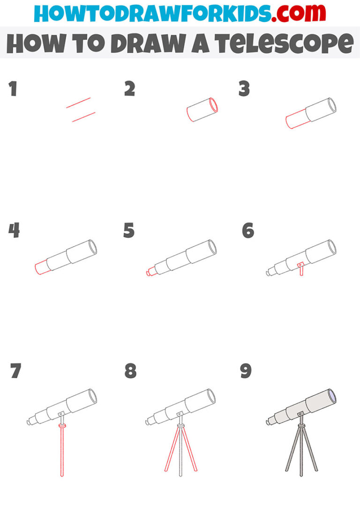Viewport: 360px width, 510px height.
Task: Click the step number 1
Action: point(13,89)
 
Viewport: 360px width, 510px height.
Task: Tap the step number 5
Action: point(129,231)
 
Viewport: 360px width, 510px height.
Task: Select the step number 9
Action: point(246,371)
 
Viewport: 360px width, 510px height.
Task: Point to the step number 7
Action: point(15,371)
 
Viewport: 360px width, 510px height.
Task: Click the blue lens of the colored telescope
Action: point(332,396)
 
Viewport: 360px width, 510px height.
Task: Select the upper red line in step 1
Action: point(78,103)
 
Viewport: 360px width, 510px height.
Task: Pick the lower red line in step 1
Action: point(83,117)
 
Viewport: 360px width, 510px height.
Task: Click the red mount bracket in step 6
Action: point(301,269)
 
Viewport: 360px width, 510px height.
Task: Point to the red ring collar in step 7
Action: point(62,426)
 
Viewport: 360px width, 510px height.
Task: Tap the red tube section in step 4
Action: point(42,267)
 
